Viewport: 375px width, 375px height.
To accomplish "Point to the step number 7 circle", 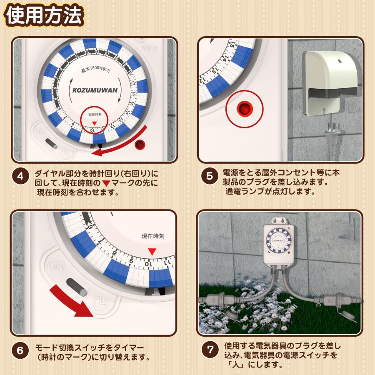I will pyautogui.click(x=209, y=350).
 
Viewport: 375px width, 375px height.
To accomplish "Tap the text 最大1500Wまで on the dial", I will pyautogui.click(x=95, y=71).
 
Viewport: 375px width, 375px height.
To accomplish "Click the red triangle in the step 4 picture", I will pyautogui.click(x=94, y=123).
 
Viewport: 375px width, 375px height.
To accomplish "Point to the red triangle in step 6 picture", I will pyautogui.click(x=152, y=251).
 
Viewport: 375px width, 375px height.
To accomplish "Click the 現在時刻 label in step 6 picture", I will pyautogui.click(x=153, y=236).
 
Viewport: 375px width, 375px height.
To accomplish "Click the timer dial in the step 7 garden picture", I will pyautogui.click(x=277, y=241).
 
